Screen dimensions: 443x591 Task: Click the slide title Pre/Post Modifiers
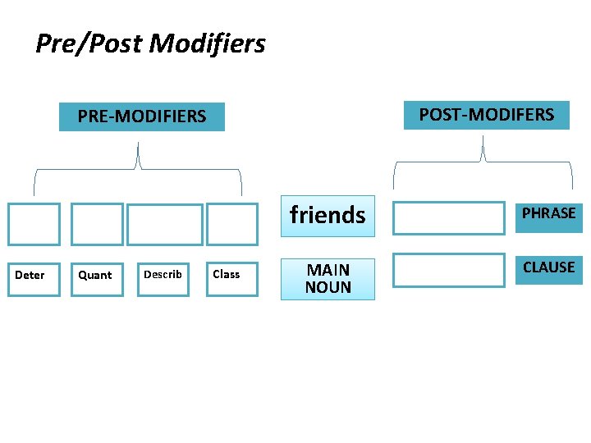pyautogui.click(x=150, y=43)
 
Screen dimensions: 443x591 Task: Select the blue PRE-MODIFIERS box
pyautogui.click(x=142, y=116)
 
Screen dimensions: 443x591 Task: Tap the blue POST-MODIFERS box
pyautogui.click(x=486, y=115)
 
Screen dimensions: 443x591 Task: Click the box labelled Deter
pyautogui.click(x=34, y=275)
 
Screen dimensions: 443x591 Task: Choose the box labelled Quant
pyautogui.click(x=97, y=275)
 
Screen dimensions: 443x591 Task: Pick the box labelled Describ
pyautogui.click(x=163, y=275)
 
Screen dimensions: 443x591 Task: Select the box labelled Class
pyautogui.click(x=231, y=275)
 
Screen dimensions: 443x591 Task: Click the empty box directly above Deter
pyautogui.click(x=34, y=224)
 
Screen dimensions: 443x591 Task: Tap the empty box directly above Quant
pyautogui.click(x=97, y=224)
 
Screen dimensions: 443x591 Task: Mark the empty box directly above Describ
pyautogui.click(x=164, y=225)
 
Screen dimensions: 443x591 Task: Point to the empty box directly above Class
pyautogui.click(x=231, y=224)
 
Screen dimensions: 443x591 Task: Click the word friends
pyautogui.click(x=328, y=215)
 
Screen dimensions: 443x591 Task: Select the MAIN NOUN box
pyautogui.click(x=328, y=279)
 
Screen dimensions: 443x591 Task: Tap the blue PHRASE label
pyautogui.click(x=548, y=213)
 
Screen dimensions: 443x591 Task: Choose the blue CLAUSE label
pyautogui.click(x=548, y=268)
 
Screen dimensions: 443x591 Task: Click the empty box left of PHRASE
pyautogui.click(x=448, y=218)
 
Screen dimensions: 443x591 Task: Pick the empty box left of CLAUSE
pyautogui.click(x=448, y=270)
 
